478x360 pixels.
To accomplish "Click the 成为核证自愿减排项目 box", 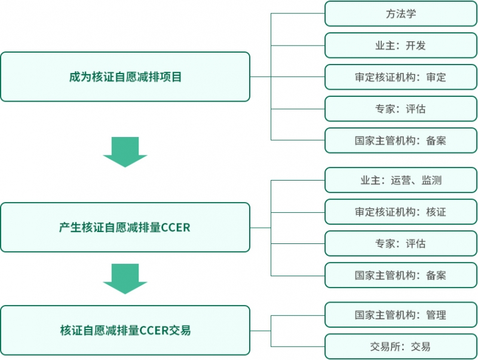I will pyautogui.click(x=125, y=77).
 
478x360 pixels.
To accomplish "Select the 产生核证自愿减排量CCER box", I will pyautogui.click(x=125, y=227).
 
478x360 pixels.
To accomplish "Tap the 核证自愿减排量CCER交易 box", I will pyautogui.click(x=125, y=330).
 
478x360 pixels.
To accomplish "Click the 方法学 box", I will pyautogui.click(x=401, y=14).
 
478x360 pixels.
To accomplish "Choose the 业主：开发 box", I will pyautogui.click(x=401, y=45).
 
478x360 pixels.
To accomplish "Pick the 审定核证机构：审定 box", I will pyautogui.click(x=401, y=77).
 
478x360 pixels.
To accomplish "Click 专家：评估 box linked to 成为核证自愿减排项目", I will pyautogui.click(x=401, y=109).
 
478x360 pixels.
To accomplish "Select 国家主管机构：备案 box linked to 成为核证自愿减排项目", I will pyautogui.click(x=401, y=141).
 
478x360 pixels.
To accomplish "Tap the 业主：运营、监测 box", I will pyautogui.click(x=401, y=180).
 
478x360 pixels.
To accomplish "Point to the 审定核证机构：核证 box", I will pyautogui.click(x=401, y=212).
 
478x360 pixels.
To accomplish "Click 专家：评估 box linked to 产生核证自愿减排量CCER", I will pyautogui.click(x=401, y=243).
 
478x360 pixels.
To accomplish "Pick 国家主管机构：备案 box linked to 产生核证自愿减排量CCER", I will pyautogui.click(x=401, y=275).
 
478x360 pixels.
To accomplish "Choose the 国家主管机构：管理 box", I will pyautogui.click(x=401, y=315).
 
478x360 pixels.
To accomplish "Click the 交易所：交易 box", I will pyautogui.click(x=401, y=346).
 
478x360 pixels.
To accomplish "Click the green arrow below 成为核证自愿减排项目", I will pyautogui.click(x=125, y=152).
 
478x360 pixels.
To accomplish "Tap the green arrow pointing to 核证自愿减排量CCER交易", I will pyautogui.click(x=125, y=279).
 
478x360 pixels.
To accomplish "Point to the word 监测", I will pyautogui.click(x=431, y=180).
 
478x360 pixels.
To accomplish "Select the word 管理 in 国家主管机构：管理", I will pyautogui.click(x=436, y=315).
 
